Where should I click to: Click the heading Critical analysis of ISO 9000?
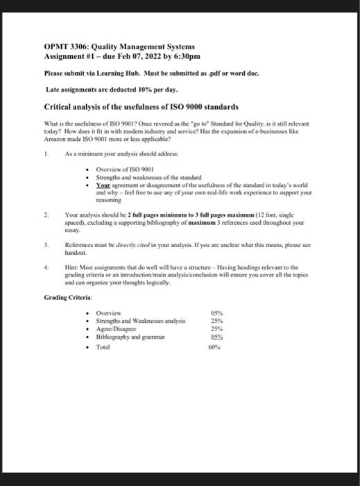coord(142,107)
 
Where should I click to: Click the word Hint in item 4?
coord(71,267)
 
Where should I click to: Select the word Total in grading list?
coord(103,345)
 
